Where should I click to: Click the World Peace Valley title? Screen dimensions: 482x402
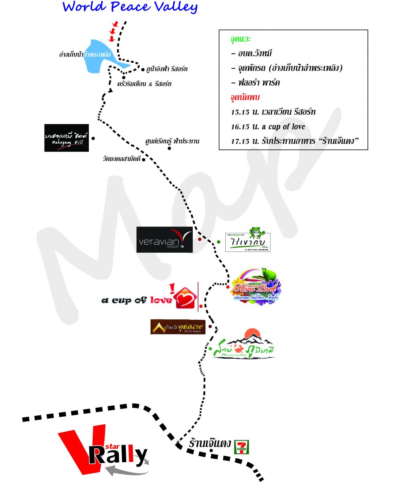(x=130, y=7)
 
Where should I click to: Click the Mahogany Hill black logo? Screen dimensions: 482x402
(x=66, y=138)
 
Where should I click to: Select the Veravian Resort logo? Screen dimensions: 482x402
(x=164, y=240)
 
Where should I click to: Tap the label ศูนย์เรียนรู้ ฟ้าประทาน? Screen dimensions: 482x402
(x=172, y=141)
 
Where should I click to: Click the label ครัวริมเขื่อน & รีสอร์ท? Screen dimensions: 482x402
(x=144, y=84)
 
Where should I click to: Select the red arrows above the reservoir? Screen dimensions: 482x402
(x=114, y=32)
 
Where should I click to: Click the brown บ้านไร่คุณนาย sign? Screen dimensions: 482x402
(x=178, y=327)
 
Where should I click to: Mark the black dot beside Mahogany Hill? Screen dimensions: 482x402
(x=93, y=138)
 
